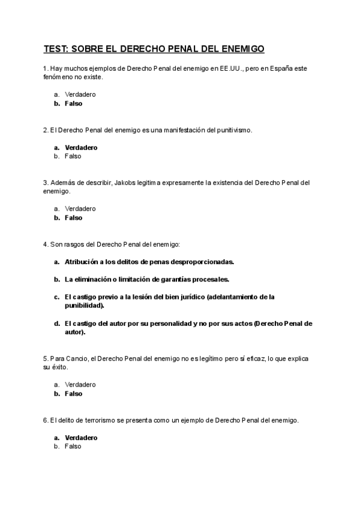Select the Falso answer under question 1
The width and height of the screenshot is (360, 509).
(x=73, y=103)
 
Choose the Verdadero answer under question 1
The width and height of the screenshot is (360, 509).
(x=80, y=94)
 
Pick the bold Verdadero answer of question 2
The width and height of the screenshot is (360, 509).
(x=81, y=147)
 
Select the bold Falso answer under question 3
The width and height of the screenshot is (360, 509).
(x=73, y=218)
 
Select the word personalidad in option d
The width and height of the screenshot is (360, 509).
(x=171, y=323)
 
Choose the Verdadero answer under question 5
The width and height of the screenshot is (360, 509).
(x=80, y=384)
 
